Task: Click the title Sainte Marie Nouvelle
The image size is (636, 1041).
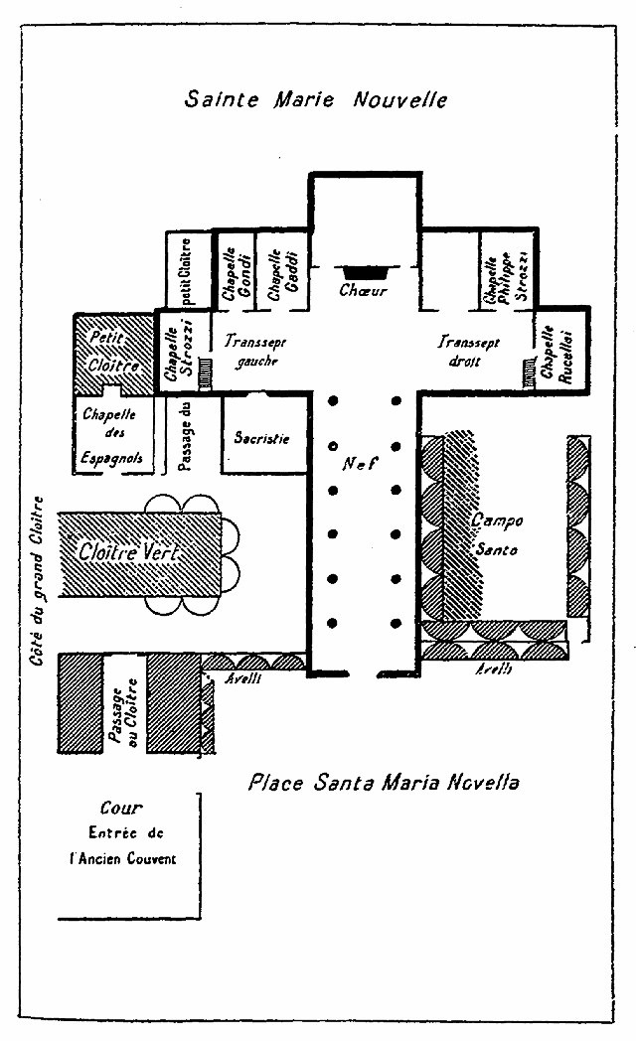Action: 316,99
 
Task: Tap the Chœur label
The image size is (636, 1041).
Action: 363,291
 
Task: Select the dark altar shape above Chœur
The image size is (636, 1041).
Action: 364,270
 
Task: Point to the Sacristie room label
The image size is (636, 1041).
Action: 261,437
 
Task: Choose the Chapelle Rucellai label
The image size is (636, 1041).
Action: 549,354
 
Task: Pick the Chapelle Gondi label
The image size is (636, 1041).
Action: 230,271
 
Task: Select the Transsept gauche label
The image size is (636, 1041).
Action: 254,350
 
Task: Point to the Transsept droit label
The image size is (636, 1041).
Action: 469,351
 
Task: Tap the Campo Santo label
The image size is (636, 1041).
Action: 494,535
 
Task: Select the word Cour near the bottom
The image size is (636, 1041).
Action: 121,810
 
